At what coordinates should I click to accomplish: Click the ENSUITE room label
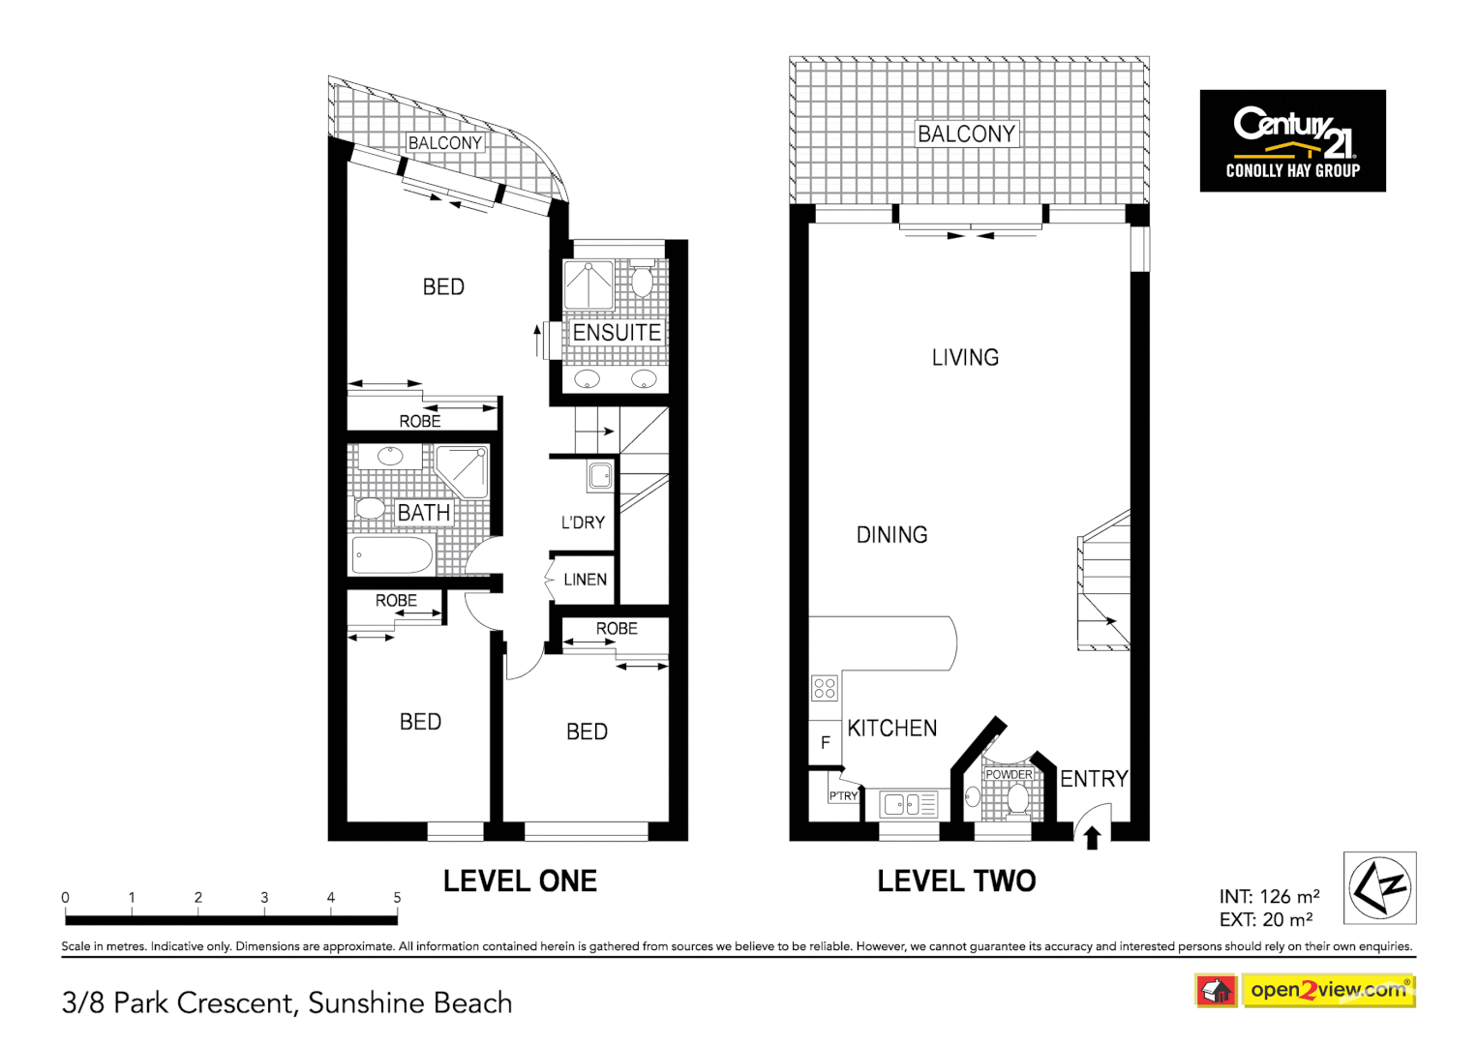click(x=617, y=332)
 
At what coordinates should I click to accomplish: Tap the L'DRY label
click(x=583, y=522)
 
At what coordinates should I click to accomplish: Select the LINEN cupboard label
click(x=585, y=580)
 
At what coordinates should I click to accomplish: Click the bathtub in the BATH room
click(x=392, y=555)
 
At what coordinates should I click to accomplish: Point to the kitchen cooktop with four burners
click(x=825, y=688)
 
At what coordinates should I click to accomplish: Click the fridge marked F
click(x=825, y=742)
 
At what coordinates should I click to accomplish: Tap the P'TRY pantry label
click(x=843, y=795)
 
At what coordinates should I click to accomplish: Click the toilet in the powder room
click(x=1017, y=800)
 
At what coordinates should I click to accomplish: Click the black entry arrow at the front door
click(x=1093, y=837)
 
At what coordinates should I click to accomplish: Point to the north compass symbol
click(x=1379, y=888)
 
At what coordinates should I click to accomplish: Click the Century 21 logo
click(x=1292, y=140)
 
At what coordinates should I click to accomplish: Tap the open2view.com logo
click(x=1327, y=990)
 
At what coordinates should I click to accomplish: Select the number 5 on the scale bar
click(x=397, y=897)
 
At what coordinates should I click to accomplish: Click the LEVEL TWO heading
click(x=956, y=881)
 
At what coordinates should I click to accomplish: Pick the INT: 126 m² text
click(x=1269, y=896)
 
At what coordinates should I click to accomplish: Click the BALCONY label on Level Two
click(x=966, y=134)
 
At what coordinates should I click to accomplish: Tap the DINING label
click(x=891, y=534)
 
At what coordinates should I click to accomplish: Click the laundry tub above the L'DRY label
click(x=600, y=475)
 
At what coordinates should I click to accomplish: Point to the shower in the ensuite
click(x=588, y=284)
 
